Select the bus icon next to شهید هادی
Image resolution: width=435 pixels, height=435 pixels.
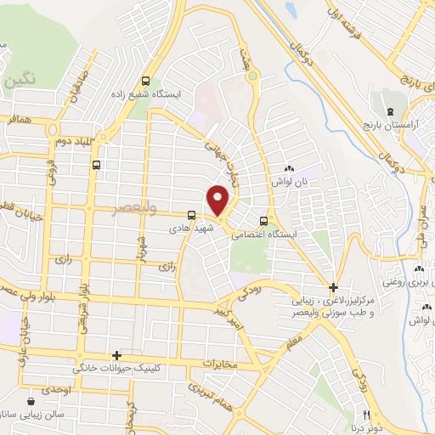(x=193, y=214)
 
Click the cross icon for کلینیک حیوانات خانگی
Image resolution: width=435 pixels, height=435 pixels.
(x=117, y=355)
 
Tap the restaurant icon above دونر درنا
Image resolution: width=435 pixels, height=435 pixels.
(x=367, y=415)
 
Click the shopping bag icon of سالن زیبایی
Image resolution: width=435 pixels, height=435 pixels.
(x=31, y=399)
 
